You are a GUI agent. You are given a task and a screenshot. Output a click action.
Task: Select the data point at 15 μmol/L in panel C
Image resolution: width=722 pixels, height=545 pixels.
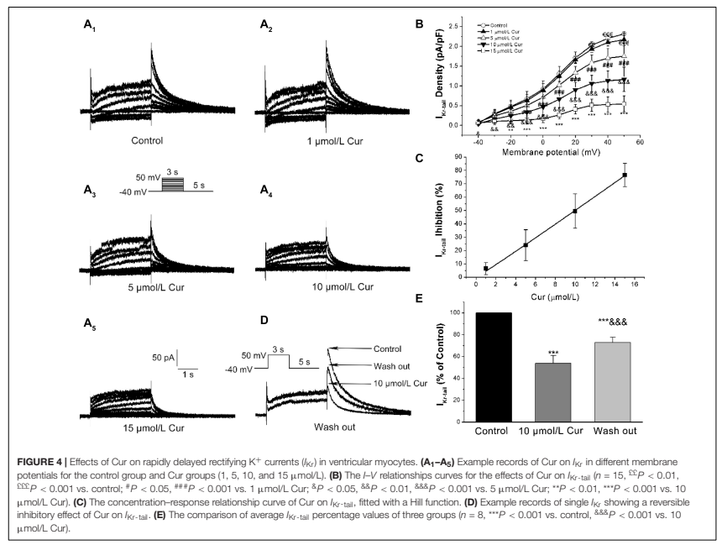coord(625,175)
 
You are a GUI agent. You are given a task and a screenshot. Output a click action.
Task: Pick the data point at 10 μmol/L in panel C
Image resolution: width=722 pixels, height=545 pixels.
coord(575,212)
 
